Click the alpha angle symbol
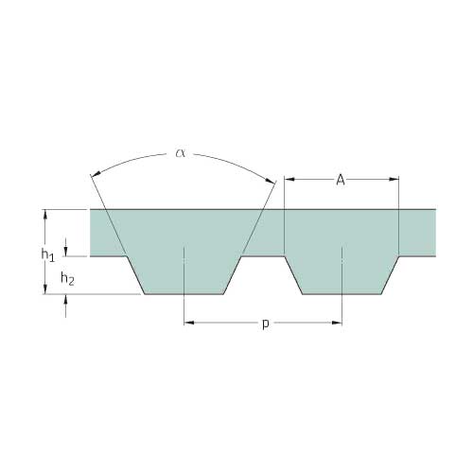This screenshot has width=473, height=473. (x=180, y=153)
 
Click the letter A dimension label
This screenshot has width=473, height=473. (x=341, y=180)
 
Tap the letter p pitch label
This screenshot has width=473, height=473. (x=266, y=324)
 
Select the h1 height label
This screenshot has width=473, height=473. (x=48, y=254)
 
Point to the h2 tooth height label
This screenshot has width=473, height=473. (x=67, y=279)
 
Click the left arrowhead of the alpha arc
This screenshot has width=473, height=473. (x=96, y=173)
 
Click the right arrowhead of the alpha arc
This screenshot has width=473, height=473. (x=270, y=181)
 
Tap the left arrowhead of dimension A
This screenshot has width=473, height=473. (x=289, y=179)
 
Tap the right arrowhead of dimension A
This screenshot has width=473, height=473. (x=394, y=179)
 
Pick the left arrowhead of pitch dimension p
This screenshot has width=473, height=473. (x=189, y=323)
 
